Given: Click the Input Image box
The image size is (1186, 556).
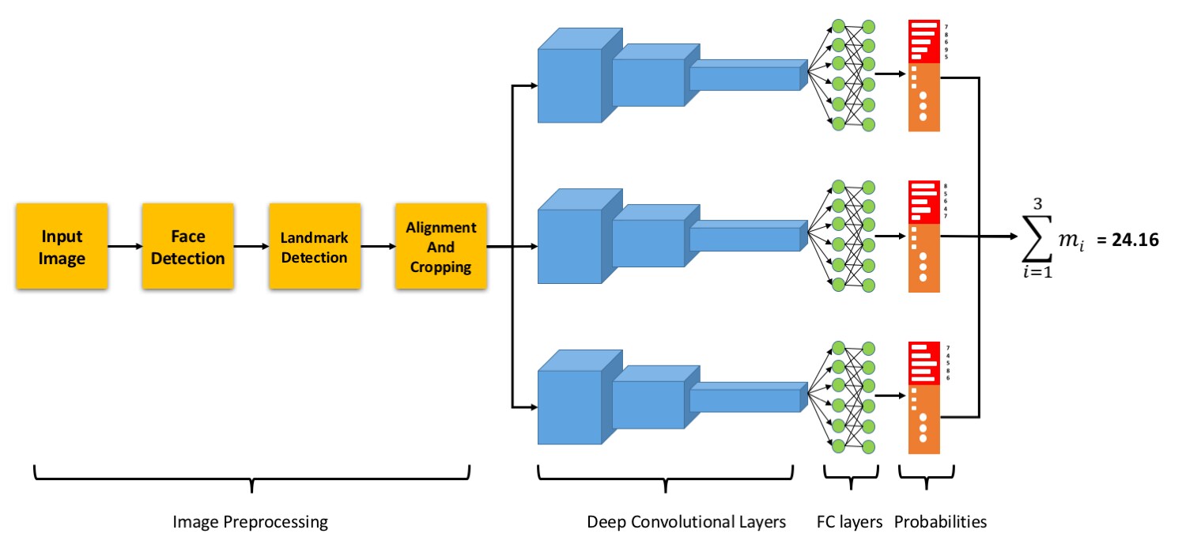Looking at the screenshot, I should click(x=61, y=247).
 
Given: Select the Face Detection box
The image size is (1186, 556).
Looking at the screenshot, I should click(x=187, y=247).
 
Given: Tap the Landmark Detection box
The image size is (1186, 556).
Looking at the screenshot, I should click(x=315, y=247).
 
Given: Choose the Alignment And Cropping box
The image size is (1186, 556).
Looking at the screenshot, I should click(x=441, y=247).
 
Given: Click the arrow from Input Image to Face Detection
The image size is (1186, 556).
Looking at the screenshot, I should click(x=124, y=247).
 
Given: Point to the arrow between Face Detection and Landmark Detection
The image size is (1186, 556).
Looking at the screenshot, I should click(x=251, y=247).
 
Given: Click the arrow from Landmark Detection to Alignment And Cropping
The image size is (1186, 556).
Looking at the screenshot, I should click(x=378, y=247).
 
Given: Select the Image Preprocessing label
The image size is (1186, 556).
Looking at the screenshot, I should click(x=250, y=523).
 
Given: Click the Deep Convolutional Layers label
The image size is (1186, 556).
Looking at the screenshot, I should click(x=686, y=523).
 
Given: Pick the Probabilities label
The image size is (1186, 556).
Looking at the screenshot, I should click(x=941, y=523).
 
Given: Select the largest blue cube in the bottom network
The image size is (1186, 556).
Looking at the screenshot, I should click(x=569, y=407).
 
